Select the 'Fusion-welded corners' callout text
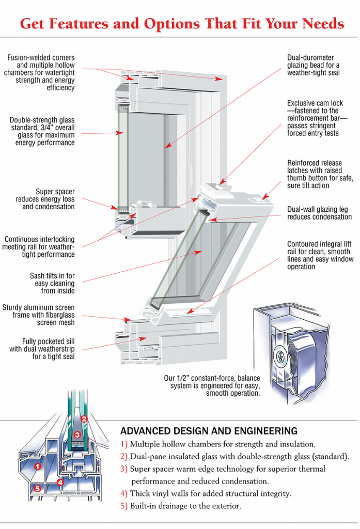point(41,72)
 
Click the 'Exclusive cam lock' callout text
point(316,118)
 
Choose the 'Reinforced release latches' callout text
point(320,174)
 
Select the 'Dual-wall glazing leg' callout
point(319,213)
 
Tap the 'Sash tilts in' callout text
point(52,283)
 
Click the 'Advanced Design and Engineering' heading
point(209,431)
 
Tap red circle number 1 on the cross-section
point(37,466)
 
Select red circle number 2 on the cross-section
point(84,419)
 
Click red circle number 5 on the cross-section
point(37,488)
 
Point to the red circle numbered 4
point(60,483)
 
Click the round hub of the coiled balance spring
point(281,356)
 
